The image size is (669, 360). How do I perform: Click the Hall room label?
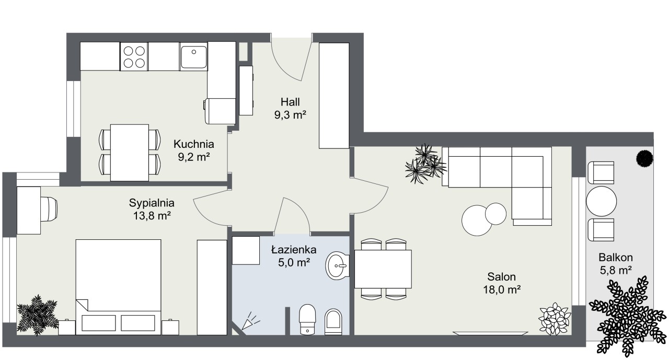pyautogui.click(x=290, y=102)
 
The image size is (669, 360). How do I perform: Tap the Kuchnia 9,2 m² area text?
pyautogui.click(x=194, y=157)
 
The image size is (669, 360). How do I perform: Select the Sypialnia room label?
pyautogui.click(x=152, y=203)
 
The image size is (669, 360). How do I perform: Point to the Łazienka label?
pyautogui.click(x=294, y=250)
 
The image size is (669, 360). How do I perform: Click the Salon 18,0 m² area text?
pyautogui.click(x=502, y=289)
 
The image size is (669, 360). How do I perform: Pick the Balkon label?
pyautogui.click(x=616, y=257)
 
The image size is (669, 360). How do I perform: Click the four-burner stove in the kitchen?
pyautogui.click(x=134, y=57)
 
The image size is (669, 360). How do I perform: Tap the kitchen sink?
pyautogui.click(x=194, y=57)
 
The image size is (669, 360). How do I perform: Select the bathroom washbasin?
pyautogui.click(x=337, y=265)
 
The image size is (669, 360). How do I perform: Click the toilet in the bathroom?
pyautogui.click(x=307, y=319)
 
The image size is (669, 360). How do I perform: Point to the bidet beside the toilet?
pyautogui.click(x=333, y=322)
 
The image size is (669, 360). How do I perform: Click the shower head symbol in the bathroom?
pyautogui.click(x=250, y=321)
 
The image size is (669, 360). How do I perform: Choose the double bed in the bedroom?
pyautogui.click(x=118, y=287)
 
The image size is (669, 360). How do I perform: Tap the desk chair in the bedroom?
pyautogui.click(x=49, y=209)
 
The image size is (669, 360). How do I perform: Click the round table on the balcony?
pyautogui.click(x=601, y=201)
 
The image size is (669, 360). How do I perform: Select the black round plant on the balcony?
pyautogui.click(x=644, y=158)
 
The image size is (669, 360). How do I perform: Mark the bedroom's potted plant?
pyautogui.click(x=38, y=315)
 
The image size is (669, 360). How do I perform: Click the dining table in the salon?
pyautogui.click(x=383, y=269)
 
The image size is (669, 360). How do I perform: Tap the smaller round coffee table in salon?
pyautogui.click(x=496, y=214)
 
